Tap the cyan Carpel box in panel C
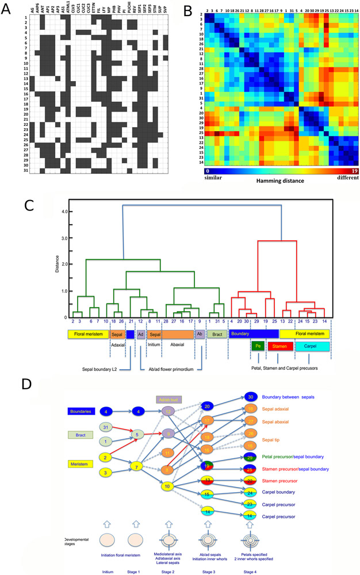pos(312,346)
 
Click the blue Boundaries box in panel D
pos(78,412)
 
